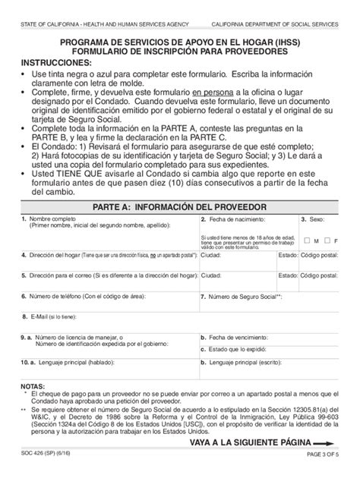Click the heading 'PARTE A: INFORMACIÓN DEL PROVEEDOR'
(179, 206)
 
